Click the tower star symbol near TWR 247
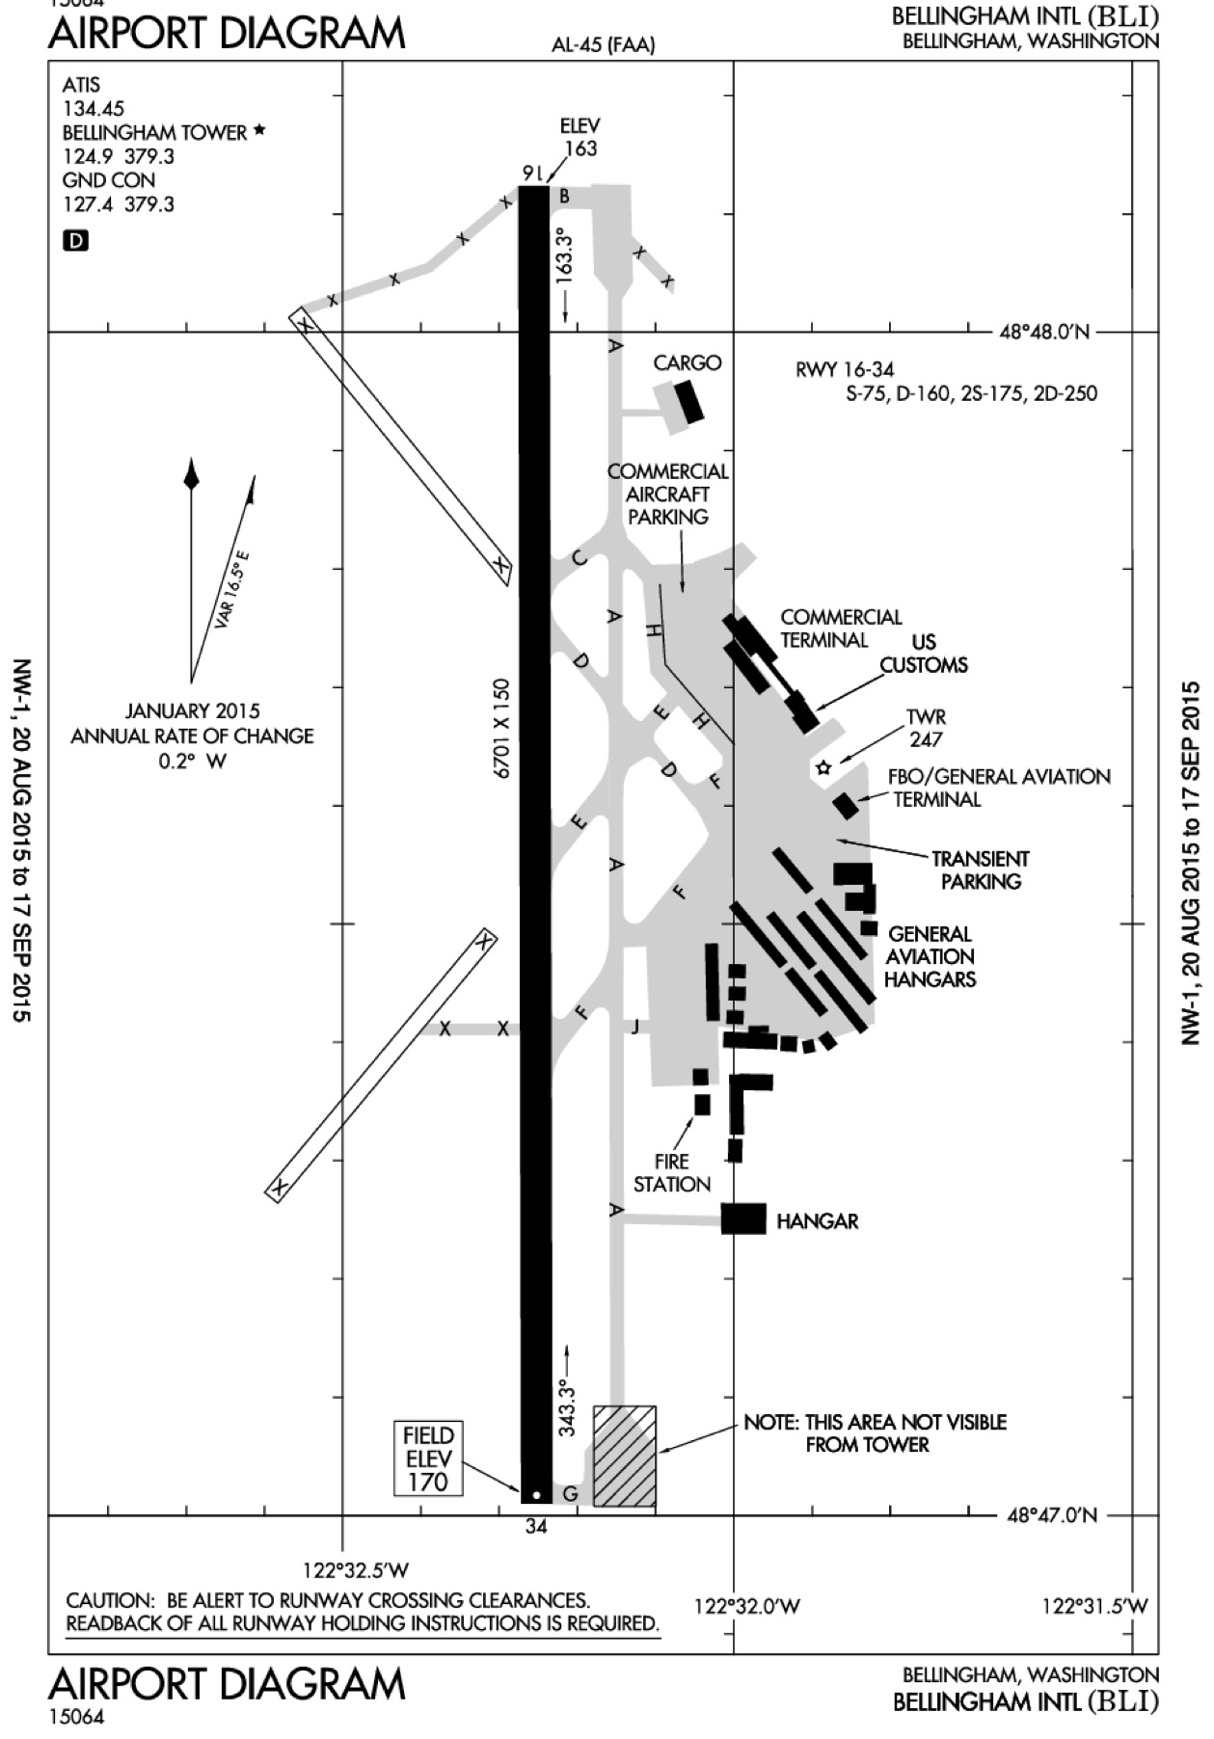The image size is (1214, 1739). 823,768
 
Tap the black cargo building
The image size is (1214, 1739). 688,402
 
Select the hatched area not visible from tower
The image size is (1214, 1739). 625,1456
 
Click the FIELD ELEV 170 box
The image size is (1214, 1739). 428,1458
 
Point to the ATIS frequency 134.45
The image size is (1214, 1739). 94,109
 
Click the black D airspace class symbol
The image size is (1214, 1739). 74,240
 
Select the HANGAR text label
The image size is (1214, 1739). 818,1221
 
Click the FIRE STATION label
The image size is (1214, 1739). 672,1173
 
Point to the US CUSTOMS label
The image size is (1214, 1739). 924,654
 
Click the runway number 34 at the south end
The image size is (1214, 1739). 536,1526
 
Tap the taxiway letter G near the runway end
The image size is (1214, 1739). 570,1495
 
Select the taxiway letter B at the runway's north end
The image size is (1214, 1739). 565,197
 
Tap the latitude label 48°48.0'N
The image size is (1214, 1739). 1044,333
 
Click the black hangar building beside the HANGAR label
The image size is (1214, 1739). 743,1218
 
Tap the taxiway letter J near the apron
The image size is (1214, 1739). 634,1027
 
